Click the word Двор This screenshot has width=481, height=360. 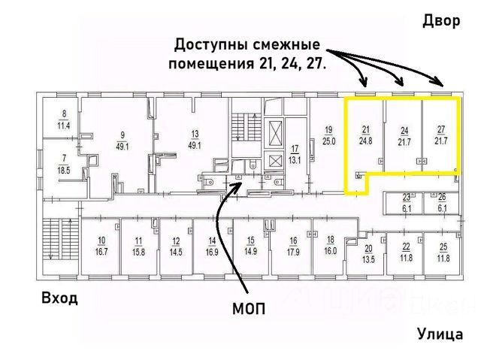tap(441, 21)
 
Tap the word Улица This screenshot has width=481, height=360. tap(440, 334)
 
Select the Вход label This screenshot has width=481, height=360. tap(59, 298)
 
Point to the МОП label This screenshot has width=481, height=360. tap(249, 309)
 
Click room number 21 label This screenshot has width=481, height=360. tap(366, 130)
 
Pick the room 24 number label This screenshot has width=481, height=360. tap(404, 131)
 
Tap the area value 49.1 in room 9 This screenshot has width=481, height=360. tap(122, 147)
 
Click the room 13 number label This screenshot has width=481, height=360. tap(195, 134)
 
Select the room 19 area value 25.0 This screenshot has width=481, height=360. tap(329, 141)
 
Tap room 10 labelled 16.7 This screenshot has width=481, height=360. tap(101, 247)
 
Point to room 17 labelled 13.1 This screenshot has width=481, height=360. tap(295, 155)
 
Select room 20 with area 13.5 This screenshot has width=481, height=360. tap(368, 253)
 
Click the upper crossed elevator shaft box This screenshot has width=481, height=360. tap(275, 134)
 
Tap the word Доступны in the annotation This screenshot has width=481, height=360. tap(211, 45)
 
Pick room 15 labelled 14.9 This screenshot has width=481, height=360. tap(251, 247)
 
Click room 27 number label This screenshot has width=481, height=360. tap(441, 130)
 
